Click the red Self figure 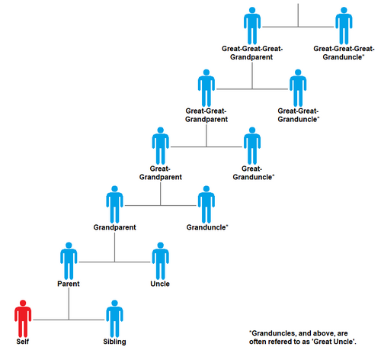point(23,319)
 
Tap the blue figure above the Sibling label point(114,319)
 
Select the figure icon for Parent point(69,261)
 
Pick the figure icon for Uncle point(161,261)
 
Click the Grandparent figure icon point(114,204)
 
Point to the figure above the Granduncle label point(207,204)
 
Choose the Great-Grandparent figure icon point(161,146)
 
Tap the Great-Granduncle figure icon point(252,146)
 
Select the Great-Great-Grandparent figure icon point(207,88)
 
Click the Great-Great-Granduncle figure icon point(298,88)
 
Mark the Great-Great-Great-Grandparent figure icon point(252,26)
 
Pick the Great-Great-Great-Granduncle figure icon point(344,26)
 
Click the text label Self point(23,342)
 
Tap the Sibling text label point(114,342)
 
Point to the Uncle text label point(160,284)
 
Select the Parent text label point(69,284)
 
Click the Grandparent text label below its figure point(115,227)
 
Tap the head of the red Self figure point(23,303)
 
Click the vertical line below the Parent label point(69,304)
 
